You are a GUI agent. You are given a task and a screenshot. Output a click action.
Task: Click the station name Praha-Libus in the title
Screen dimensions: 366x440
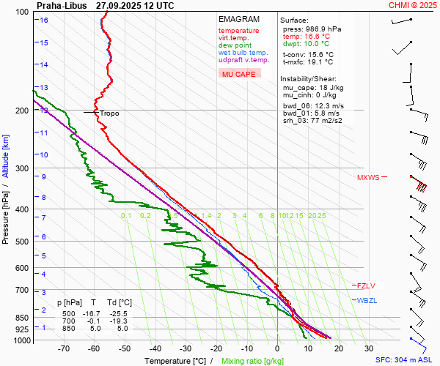[62, 5]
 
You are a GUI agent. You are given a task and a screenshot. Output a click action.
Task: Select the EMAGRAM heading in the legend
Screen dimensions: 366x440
[239, 19]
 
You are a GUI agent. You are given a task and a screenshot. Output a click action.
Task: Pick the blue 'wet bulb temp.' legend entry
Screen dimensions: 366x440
[243, 53]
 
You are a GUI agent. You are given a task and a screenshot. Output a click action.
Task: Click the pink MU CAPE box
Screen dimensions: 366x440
[240, 74]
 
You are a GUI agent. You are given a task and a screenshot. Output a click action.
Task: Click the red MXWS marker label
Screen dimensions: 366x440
[368, 177]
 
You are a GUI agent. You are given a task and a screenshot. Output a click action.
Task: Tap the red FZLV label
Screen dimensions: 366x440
[365, 285]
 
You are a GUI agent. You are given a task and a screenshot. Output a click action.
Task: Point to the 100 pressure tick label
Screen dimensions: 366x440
[22, 12]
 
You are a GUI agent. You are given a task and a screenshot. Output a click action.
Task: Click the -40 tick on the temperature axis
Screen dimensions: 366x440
[155, 348]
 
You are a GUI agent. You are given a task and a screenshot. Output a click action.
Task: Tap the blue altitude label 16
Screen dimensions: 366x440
[44, 20]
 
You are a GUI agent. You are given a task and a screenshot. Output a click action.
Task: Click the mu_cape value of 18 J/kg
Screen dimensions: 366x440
[329, 87]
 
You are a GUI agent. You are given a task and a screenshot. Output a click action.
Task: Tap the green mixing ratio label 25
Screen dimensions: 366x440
[321, 215]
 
